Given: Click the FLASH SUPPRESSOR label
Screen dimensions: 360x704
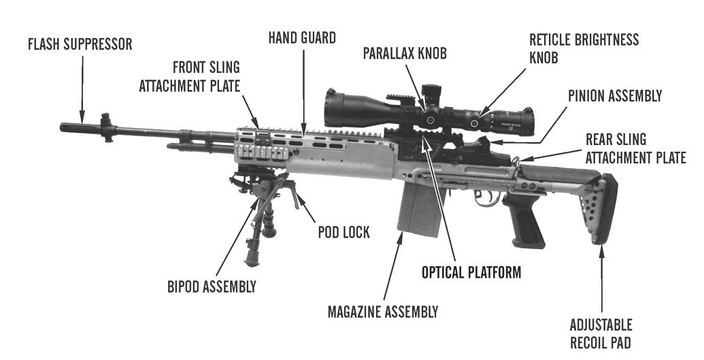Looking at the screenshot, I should (80, 45).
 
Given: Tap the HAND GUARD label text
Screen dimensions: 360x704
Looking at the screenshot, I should (301, 38).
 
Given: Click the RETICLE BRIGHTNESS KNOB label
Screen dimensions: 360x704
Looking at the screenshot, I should (584, 48).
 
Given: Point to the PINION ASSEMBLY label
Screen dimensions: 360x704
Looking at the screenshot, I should (614, 96).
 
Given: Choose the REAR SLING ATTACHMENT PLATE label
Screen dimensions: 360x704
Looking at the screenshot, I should (635, 148).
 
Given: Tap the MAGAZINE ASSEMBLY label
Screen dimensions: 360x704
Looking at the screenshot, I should (382, 312).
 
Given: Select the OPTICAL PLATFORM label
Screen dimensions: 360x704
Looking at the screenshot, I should (471, 272).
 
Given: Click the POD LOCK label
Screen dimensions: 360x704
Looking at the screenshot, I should (343, 232).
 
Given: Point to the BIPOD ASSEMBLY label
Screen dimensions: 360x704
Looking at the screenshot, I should (212, 287).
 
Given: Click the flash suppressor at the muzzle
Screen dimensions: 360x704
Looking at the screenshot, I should (80, 127).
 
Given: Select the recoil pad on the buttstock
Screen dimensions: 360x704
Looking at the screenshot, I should (605, 208).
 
